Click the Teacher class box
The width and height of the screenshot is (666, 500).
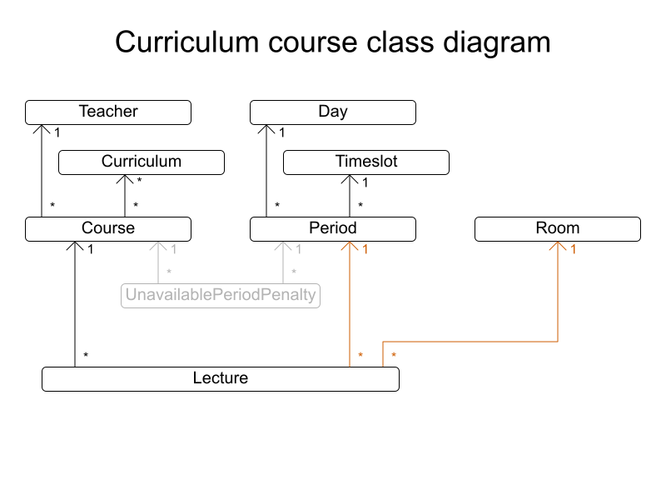(x=108, y=112)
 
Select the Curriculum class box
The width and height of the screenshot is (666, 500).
(x=142, y=162)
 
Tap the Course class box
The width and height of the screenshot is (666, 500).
(x=108, y=228)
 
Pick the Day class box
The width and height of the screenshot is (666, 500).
(x=333, y=112)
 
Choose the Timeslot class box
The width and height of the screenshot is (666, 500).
(x=366, y=162)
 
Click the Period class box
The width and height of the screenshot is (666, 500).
(x=333, y=228)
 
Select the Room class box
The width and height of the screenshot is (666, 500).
(x=558, y=228)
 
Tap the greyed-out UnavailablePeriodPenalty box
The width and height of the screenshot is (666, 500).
(x=221, y=295)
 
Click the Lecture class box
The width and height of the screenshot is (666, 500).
(x=221, y=378)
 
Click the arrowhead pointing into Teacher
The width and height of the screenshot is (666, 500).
(x=42, y=129)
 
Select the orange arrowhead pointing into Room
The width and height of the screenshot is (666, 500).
(x=558, y=246)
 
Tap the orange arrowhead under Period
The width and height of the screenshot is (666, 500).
(x=350, y=246)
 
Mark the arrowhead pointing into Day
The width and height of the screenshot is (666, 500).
(x=266, y=129)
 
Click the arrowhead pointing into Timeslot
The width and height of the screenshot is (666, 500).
(x=350, y=179)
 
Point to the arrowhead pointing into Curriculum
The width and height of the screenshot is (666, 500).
(x=125, y=179)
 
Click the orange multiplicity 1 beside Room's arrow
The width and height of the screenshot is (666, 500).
(x=574, y=249)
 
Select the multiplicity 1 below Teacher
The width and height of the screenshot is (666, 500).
(x=57, y=132)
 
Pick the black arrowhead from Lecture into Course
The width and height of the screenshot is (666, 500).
(x=75, y=246)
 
